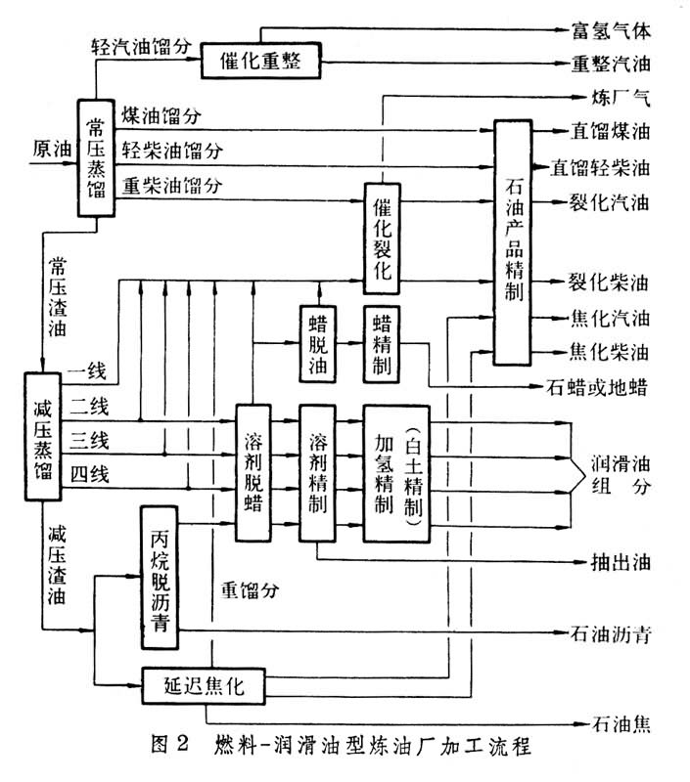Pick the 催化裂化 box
tap(384, 238)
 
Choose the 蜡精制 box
tap(383, 343)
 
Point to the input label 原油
tap(51, 150)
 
